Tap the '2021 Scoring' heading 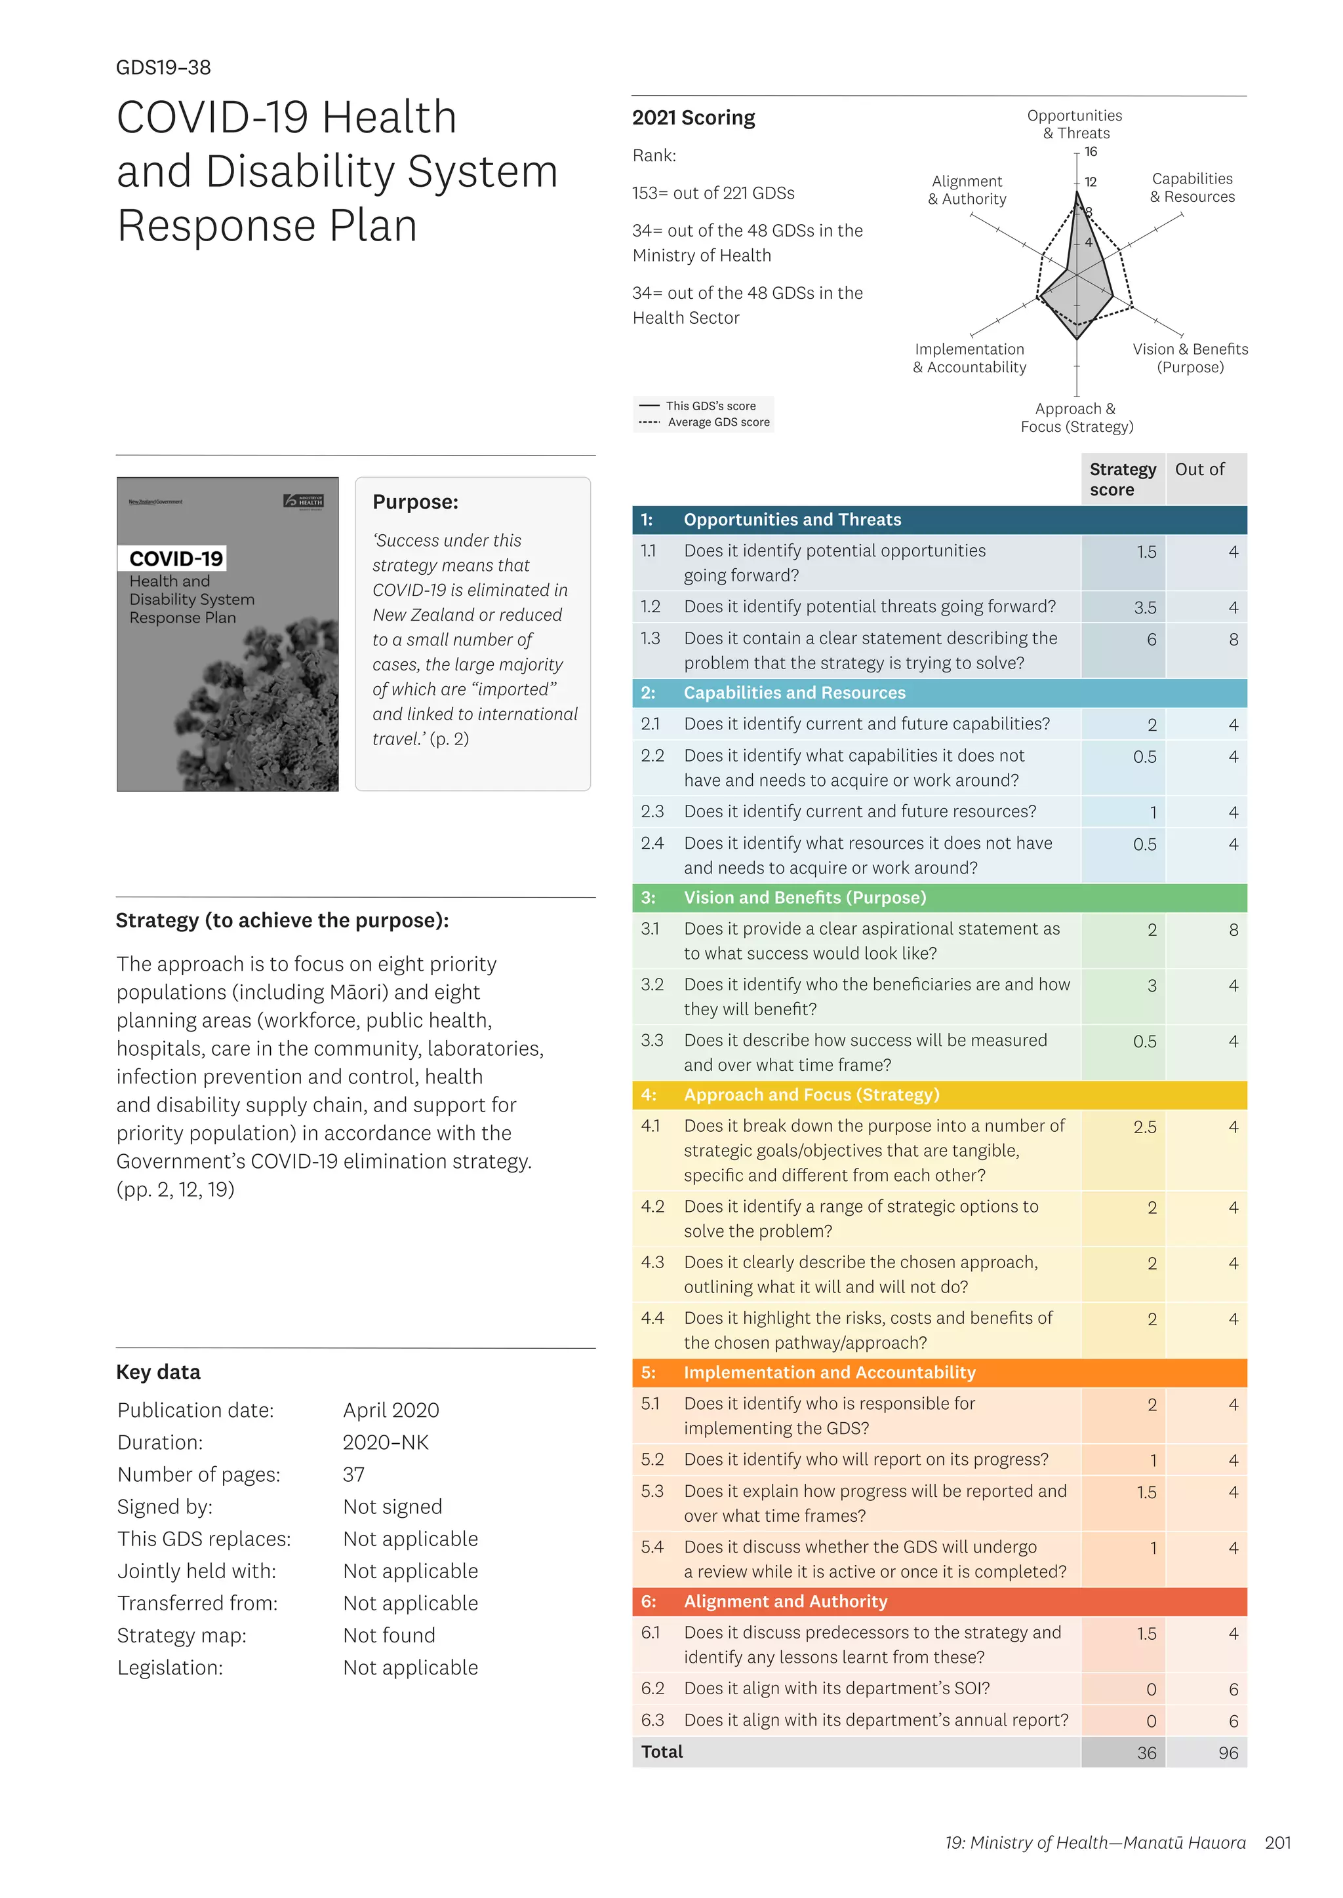coord(693,118)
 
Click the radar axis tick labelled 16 coord(1091,152)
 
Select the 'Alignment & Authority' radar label coord(967,190)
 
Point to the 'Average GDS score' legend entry coord(718,423)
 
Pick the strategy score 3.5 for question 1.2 coord(1144,608)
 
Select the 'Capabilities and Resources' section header coord(794,693)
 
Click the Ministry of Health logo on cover coord(304,501)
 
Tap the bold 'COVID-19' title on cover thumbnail coord(175,559)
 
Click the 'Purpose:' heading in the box coord(415,502)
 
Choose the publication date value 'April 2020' coord(391,1410)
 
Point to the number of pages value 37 coord(354,1475)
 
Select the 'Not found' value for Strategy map coord(389,1635)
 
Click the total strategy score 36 coord(1146,1753)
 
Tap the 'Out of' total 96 coord(1228,1753)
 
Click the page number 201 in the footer coord(1277,1842)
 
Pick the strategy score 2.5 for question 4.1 coord(1144,1127)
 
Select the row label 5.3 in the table coord(652,1491)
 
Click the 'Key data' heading coord(158,1372)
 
